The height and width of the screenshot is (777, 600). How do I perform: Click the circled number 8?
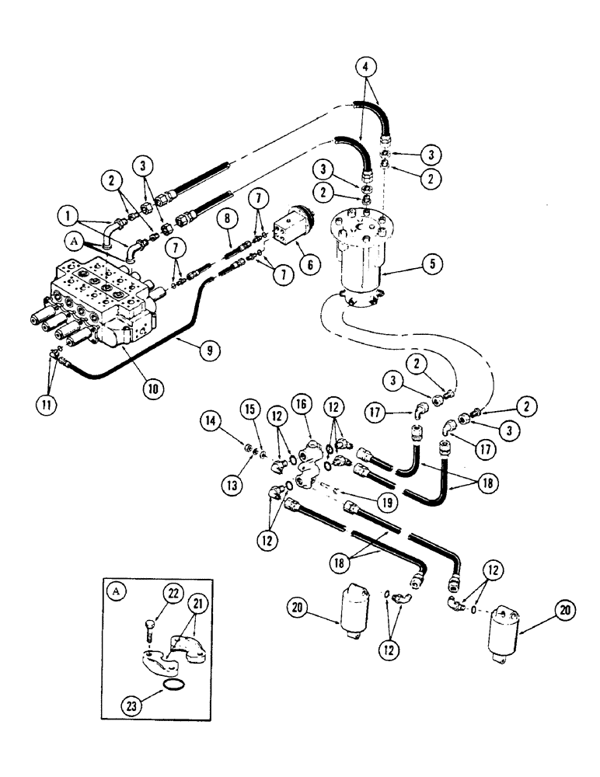tap(228, 220)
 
